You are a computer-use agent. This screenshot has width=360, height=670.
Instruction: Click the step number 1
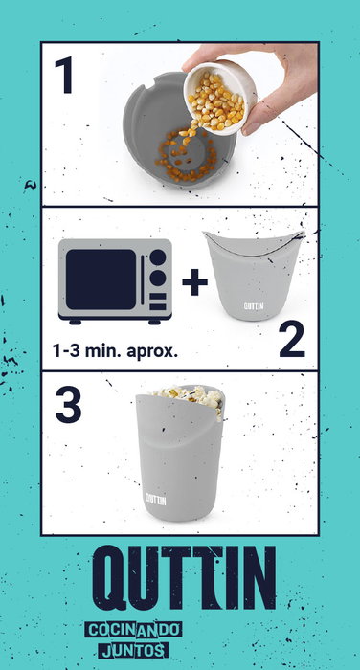point(64,76)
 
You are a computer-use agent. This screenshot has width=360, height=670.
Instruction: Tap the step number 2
point(292,339)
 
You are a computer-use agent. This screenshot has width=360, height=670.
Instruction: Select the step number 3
point(68,404)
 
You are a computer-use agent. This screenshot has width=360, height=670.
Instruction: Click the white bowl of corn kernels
point(220,99)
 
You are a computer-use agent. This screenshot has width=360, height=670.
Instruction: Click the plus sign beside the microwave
point(194,282)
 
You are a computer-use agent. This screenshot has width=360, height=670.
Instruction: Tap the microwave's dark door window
point(101,279)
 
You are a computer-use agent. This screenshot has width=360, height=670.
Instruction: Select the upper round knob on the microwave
point(158,257)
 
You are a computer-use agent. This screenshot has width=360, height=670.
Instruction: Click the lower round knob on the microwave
point(158,279)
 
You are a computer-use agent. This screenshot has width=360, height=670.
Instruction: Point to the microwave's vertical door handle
point(143,279)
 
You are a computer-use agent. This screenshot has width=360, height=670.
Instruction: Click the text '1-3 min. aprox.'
point(115,351)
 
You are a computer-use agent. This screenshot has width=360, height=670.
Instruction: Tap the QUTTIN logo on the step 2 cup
point(254,306)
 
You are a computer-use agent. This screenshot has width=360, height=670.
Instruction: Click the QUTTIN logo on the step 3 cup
point(156,499)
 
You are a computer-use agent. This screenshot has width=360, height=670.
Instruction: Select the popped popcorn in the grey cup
point(191,398)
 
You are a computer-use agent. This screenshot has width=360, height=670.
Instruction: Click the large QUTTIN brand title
point(184,577)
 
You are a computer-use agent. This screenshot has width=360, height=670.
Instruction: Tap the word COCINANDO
point(133,630)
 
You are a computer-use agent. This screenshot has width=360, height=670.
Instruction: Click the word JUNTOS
point(133,650)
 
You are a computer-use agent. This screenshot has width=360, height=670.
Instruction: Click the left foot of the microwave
point(76,323)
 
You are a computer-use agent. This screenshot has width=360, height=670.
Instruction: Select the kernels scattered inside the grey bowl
point(185,157)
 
